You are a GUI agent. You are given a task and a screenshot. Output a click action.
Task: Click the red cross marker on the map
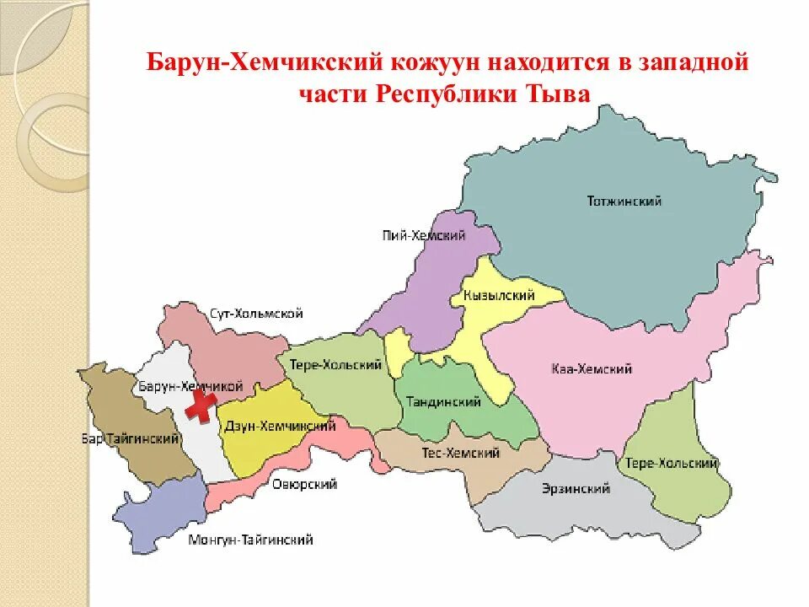[200, 406]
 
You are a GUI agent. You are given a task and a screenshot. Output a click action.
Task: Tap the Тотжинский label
[624, 201]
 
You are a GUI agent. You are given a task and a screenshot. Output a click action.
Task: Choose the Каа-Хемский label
[592, 369]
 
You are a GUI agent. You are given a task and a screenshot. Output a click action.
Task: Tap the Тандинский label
[443, 402]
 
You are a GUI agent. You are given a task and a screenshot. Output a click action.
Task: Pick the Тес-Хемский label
[461, 454]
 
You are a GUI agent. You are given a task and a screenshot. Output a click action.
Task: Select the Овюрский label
[305, 484]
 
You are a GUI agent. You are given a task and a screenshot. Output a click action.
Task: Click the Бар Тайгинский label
[131, 439]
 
